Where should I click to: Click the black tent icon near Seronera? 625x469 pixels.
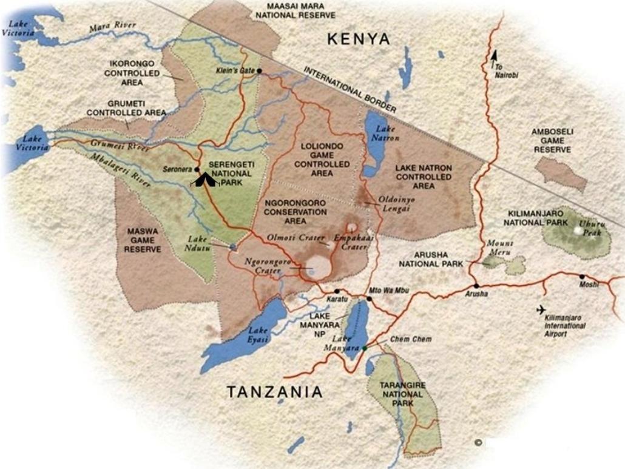(204, 180)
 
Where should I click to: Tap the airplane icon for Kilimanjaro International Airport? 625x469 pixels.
(541, 310)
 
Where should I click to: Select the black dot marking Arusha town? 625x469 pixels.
(476, 285)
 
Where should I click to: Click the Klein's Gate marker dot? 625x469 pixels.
(259, 71)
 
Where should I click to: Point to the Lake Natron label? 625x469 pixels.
(385, 133)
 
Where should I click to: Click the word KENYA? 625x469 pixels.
(358, 39)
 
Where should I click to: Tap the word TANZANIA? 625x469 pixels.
(275, 393)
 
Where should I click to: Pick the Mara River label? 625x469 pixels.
(112, 27)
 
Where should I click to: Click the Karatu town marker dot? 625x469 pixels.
(337, 291)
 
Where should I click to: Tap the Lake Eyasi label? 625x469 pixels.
(257, 335)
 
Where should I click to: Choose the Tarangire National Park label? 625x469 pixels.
(399, 394)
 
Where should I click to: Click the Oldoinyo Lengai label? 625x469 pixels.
(397, 203)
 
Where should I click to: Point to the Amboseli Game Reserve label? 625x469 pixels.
(552, 140)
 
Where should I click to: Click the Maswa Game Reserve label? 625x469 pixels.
(144, 240)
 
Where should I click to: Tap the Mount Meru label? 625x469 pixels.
(500, 248)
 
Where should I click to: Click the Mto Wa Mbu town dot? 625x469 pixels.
(369, 299)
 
